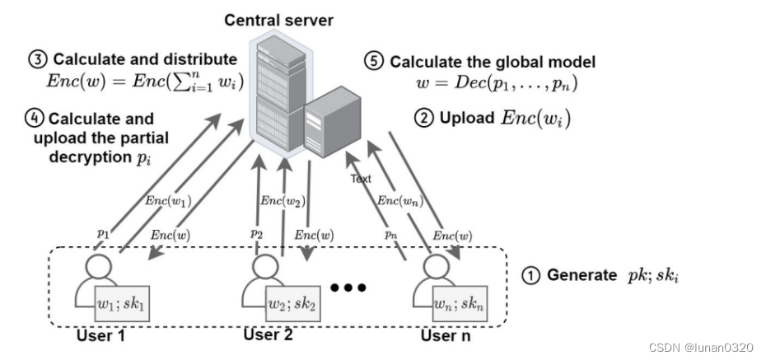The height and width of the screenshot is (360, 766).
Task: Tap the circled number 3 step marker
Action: coord(39,60)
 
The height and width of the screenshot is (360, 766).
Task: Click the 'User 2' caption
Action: coord(269,335)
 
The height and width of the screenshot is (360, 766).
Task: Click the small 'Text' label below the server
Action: coord(361,177)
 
